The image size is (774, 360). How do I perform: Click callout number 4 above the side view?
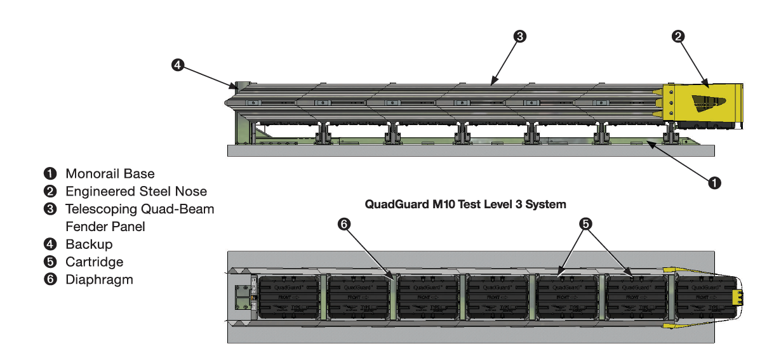coord(178,65)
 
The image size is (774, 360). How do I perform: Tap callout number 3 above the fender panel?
coord(519,36)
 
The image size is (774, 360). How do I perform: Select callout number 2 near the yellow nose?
coord(678,36)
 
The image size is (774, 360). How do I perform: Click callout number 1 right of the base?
coord(714,183)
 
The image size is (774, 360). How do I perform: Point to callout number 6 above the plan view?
coord(344,223)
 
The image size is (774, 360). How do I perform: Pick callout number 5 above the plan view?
coord(585,223)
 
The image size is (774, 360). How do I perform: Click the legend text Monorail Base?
coord(109,173)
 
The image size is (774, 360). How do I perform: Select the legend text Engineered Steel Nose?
coord(136,191)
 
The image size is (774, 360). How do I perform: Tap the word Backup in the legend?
coord(89,244)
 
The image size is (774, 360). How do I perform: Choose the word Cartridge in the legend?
coord(94,262)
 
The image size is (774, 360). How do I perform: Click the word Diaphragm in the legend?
coord(99,279)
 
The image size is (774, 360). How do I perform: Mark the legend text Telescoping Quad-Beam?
coord(140,209)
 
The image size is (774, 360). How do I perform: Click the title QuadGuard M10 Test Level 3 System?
coord(465,204)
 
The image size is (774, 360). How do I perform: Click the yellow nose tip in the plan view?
coord(737,297)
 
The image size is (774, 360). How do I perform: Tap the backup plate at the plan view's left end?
coord(241,297)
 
